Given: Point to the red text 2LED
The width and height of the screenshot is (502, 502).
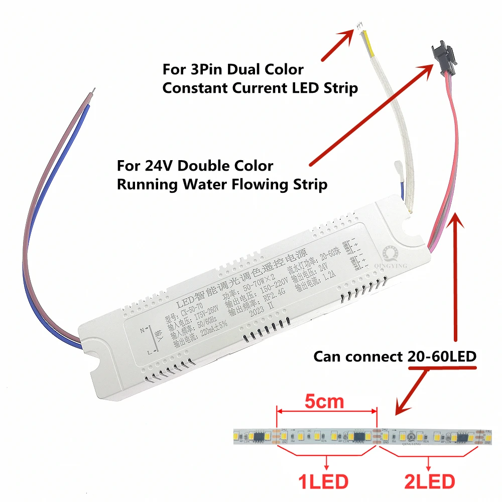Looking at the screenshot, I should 429,482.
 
